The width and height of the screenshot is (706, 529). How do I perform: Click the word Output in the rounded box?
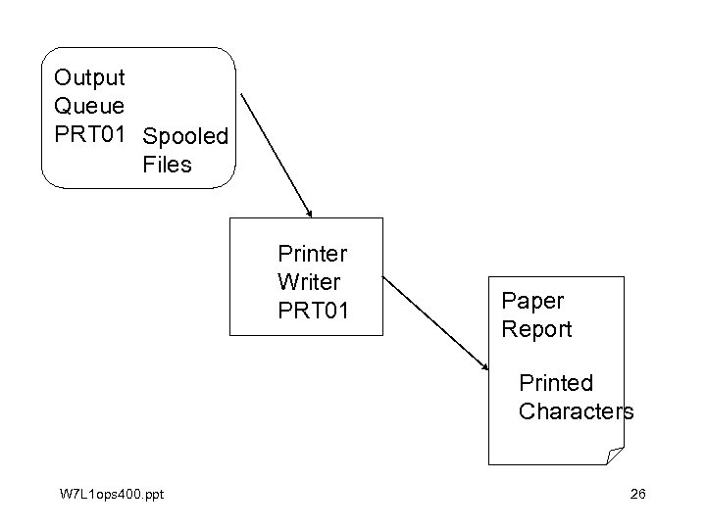[89, 76]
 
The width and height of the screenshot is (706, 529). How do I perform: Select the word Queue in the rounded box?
[89, 106]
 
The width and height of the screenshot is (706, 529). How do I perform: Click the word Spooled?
[185, 136]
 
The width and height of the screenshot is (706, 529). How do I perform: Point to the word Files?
[167, 165]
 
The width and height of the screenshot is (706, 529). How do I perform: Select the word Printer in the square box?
[313, 254]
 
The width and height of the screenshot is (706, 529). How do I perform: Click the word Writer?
[309, 282]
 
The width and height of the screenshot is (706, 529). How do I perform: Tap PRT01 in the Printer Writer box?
[314, 311]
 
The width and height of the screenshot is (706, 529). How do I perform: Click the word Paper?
[532, 301]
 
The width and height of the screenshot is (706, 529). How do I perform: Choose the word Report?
[536, 329]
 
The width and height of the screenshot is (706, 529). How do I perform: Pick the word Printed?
[556, 382]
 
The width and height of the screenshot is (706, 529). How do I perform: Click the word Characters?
[577, 411]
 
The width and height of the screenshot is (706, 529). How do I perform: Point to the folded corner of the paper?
[614, 455]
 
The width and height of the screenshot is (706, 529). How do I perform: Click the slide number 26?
[637, 493]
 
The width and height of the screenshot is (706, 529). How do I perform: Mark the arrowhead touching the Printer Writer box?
[308, 212]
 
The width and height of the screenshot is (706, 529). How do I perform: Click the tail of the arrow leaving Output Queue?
[241, 96]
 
